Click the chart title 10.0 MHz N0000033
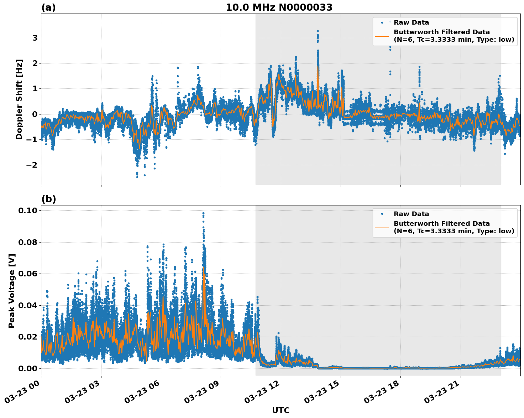(x=279, y=7)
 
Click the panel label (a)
(x=48, y=8)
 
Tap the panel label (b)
(x=48, y=199)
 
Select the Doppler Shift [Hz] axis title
(x=19, y=99)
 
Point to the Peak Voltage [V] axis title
(x=12, y=291)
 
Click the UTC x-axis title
(x=281, y=411)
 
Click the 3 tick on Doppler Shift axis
(x=35, y=38)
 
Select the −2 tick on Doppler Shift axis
(x=32, y=165)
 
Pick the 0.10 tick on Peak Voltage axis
(x=28, y=210)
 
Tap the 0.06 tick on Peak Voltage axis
(x=28, y=274)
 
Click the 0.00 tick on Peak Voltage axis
(x=28, y=368)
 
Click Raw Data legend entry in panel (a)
(x=411, y=22)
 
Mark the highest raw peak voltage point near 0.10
(x=203, y=213)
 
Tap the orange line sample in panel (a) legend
(x=382, y=36)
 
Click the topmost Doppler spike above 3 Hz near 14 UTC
(x=318, y=31)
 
